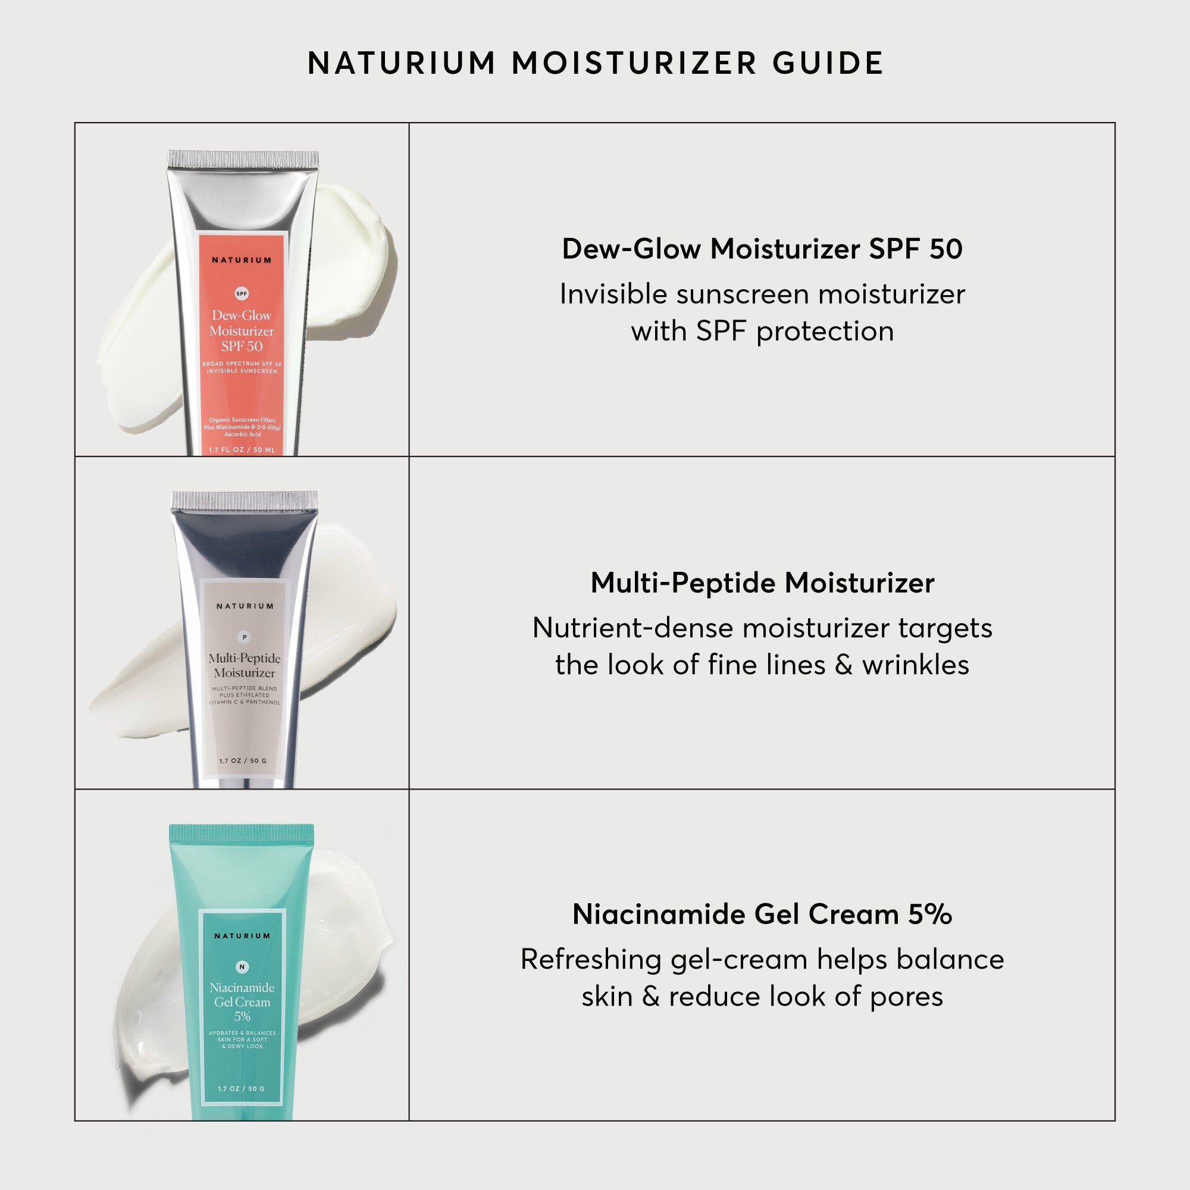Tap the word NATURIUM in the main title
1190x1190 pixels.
coord(402,63)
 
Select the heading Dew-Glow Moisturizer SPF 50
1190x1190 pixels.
coord(762,249)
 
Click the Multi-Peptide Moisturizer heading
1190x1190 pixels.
coord(762,583)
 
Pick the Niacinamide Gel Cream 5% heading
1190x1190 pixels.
coord(762,914)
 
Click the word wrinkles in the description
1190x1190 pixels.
coord(915,665)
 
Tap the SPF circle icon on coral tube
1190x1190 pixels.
coord(242,294)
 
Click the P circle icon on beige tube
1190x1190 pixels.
coord(245,637)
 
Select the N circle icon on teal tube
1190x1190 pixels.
coord(242,967)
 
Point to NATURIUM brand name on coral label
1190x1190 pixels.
coord(242,260)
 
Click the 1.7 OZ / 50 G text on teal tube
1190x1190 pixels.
coord(241,1089)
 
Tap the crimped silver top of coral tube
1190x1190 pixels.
coord(243,159)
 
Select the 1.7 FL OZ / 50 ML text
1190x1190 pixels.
coord(242,450)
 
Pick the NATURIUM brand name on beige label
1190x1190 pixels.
coord(245,606)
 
